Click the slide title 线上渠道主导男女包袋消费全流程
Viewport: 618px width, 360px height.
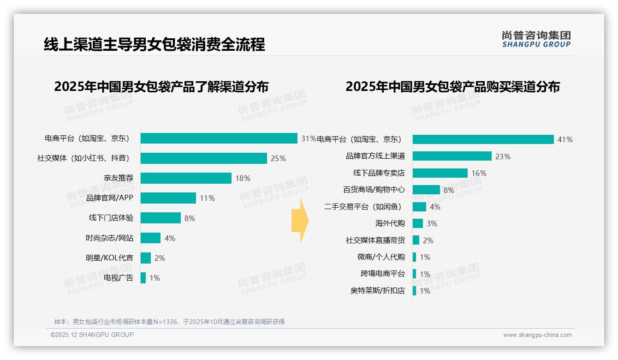pyautogui.click(x=154, y=44)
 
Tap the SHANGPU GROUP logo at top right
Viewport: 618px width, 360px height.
pyautogui.click(x=536, y=39)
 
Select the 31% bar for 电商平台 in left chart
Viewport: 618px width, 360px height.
pyautogui.click(x=219, y=138)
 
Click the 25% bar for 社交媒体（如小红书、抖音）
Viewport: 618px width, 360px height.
pyautogui.click(x=203, y=158)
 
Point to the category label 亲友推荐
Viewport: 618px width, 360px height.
pyautogui.click(x=119, y=178)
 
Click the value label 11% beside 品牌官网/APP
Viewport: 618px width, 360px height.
pyautogui.click(x=207, y=198)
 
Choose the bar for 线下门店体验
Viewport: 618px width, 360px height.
pyautogui.click(x=160, y=218)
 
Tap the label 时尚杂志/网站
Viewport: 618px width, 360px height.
pyautogui.click(x=109, y=238)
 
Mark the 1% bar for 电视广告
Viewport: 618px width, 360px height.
pyautogui.click(x=143, y=278)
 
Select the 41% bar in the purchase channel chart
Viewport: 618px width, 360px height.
pyautogui.click(x=483, y=139)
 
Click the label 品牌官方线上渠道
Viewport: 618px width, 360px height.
pyautogui.click(x=375, y=156)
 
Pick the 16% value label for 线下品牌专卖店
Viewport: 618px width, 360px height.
pyautogui.click(x=479, y=173)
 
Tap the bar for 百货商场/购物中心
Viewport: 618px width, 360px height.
pyautogui.click(x=426, y=190)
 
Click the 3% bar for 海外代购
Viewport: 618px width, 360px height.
pyautogui.click(x=417, y=223)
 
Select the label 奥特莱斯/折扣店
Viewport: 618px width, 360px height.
pyautogui.click(x=377, y=291)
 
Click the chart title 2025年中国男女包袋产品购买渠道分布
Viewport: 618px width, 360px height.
pyautogui.click(x=452, y=86)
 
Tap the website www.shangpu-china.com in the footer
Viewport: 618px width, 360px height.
pyautogui.click(x=537, y=335)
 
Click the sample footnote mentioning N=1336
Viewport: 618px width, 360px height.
pyautogui.click(x=169, y=322)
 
